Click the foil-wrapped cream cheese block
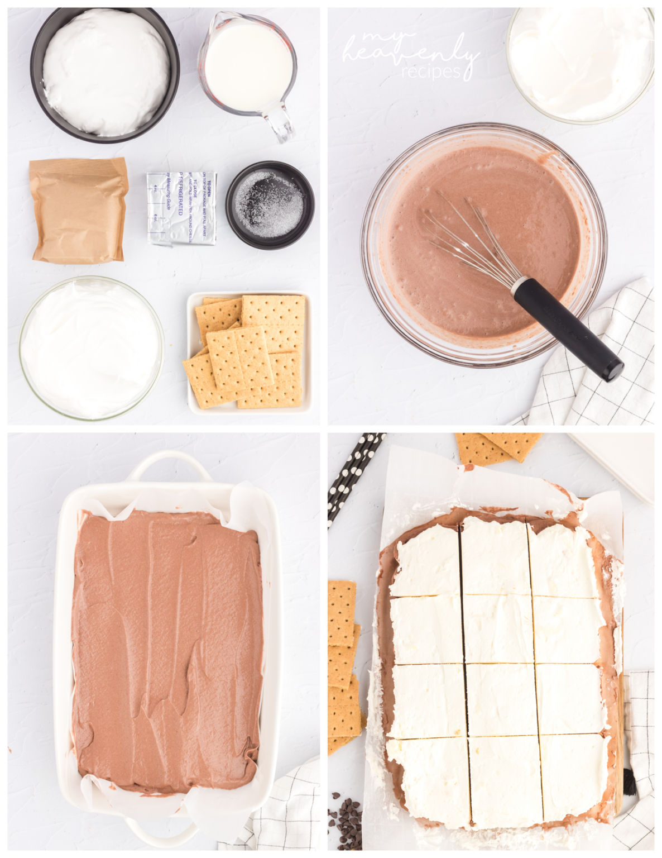click(182, 208)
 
